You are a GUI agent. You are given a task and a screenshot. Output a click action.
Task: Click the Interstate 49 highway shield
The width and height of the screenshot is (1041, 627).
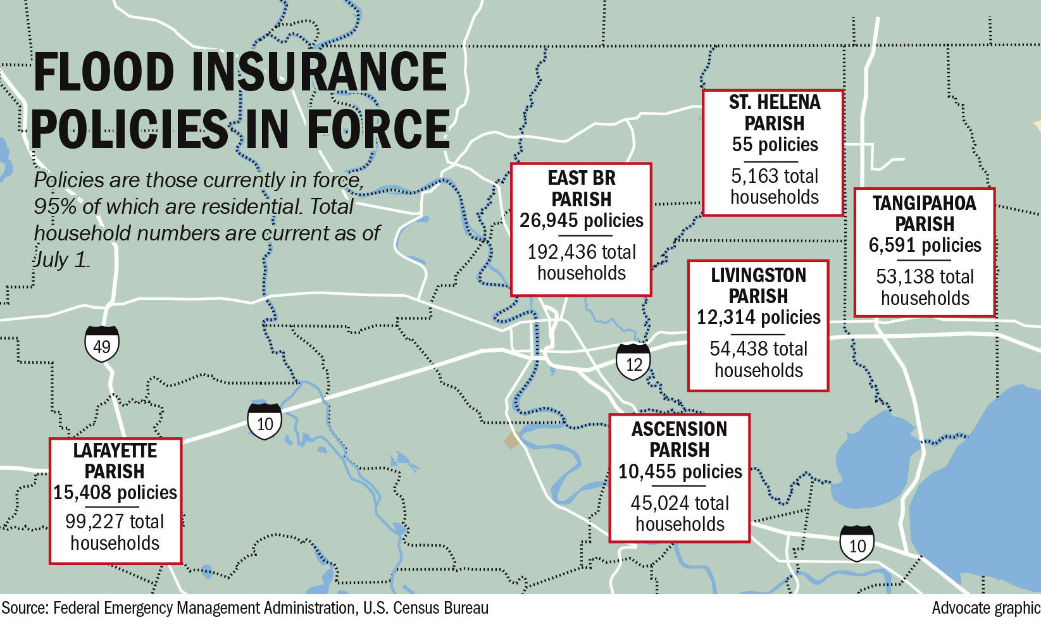pos(102,344)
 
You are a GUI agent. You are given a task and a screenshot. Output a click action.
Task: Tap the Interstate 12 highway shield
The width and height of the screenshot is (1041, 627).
pos(633,362)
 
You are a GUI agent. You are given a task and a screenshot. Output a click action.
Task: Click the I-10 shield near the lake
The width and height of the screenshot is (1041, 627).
pos(857,543)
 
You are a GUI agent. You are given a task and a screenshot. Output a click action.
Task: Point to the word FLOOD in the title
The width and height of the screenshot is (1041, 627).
pos(104,71)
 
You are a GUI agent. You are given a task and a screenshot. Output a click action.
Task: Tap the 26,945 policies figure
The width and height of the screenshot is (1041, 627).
pos(581,221)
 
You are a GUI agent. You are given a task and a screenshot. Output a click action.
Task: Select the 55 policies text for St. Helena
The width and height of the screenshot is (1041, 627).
pos(775,145)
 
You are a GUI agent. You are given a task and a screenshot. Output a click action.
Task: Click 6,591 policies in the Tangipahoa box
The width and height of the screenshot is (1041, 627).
pos(925,245)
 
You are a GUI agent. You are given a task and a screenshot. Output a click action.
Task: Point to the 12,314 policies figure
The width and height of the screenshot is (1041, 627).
pos(758,318)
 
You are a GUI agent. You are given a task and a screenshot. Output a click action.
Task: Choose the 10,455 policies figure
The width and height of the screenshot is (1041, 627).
pos(680,472)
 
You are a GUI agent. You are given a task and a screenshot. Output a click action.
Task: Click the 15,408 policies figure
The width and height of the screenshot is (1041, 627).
pos(115,493)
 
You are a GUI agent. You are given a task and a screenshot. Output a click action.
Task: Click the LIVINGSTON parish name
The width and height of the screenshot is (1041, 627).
pos(758,276)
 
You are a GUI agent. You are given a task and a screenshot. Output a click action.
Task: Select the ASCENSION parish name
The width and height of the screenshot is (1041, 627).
pos(680,430)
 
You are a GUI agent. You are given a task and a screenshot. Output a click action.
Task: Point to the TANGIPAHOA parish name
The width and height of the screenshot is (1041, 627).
pos(925,204)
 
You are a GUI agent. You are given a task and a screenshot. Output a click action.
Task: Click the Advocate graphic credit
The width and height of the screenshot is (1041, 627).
pos(985,609)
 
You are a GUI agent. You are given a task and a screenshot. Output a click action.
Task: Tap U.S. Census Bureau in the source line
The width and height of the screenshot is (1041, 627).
pos(425,609)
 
